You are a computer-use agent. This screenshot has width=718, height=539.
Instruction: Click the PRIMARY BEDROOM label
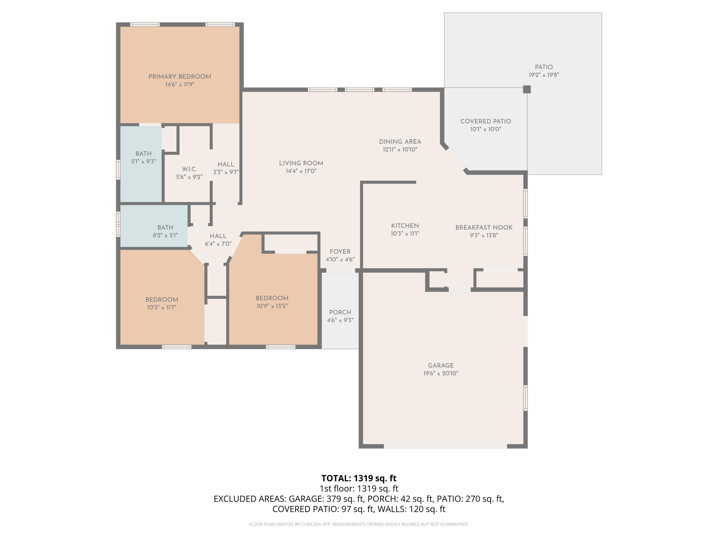[x=179, y=77]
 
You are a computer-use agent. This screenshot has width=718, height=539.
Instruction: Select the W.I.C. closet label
[x=189, y=169]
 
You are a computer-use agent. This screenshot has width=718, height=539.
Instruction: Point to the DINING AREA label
[x=400, y=142]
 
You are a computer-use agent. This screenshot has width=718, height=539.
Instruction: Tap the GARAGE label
[x=440, y=366]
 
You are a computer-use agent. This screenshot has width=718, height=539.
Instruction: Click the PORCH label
[x=340, y=312]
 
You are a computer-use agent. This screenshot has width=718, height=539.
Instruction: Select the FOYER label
[x=340, y=252]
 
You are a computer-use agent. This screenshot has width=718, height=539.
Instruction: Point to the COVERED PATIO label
[x=486, y=121]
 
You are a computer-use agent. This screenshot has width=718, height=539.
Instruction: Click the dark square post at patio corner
[x=527, y=89]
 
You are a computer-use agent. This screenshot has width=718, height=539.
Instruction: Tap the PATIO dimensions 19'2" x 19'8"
[x=544, y=75]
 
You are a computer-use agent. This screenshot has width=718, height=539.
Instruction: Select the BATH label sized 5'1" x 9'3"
[x=143, y=154]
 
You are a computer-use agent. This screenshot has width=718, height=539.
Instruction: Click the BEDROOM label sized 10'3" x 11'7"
[x=162, y=299]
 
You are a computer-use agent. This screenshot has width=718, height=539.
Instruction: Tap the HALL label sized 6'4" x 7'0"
[x=218, y=236]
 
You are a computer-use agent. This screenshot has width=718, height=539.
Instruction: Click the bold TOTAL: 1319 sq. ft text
[x=359, y=478]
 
